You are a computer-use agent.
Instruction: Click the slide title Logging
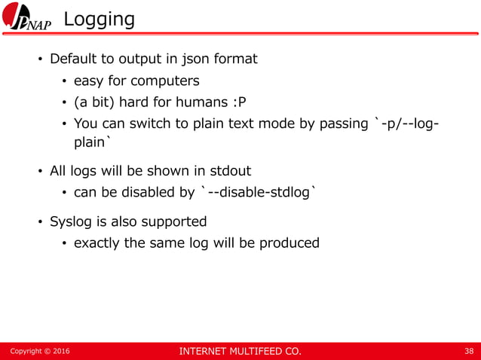point(99,20)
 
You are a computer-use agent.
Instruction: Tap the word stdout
point(230,170)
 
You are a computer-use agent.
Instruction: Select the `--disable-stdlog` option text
point(258,192)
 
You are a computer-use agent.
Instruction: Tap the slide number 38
point(468,351)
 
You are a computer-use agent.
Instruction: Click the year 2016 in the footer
point(60,351)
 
